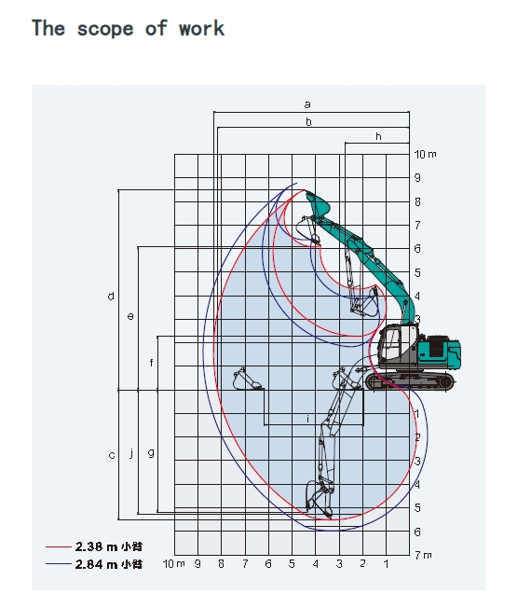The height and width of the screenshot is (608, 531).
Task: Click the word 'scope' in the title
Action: click(x=105, y=29)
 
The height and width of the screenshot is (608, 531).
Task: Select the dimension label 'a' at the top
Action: click(x=307, y=104)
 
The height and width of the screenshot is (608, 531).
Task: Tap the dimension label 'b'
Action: click(x=308, y=122)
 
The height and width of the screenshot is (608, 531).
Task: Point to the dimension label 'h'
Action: click(x=378, y=136)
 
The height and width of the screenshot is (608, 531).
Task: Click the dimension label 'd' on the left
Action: click(x=111, y=297)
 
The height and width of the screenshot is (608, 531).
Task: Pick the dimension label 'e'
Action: click(x=130, y=316)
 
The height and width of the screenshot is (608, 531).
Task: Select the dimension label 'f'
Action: click(x=151, y=363)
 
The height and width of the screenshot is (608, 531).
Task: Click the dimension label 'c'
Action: click(x=112, y=455)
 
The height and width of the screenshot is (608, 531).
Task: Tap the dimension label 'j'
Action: click(x=131, y=453)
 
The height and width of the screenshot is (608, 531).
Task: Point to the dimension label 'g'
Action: click(x=151, y=453)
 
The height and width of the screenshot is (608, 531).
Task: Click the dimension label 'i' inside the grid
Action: click(x=308, y=419)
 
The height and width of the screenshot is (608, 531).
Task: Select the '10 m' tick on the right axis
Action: click(x=425, y=154)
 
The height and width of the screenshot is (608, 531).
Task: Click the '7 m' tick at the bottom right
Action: click(x=423, y=555)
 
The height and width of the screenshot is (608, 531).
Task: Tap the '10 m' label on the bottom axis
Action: click(x=174, y=564)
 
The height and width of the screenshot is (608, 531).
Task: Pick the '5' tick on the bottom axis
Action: click(x=292, y=564)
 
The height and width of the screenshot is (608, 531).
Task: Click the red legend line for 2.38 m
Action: click(x=59, y=546)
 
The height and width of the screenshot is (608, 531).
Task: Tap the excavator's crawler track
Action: click(x=410, y=381)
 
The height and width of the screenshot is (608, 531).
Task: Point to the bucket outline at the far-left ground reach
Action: click(x=246, y=380)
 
